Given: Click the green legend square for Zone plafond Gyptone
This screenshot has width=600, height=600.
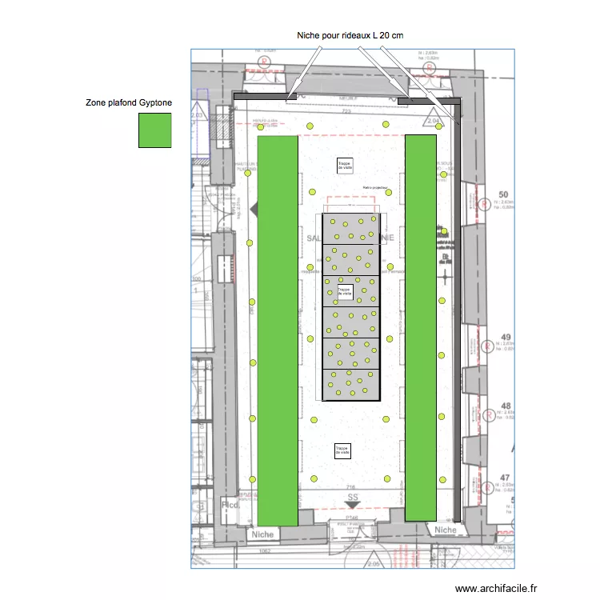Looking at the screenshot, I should coord(154,130).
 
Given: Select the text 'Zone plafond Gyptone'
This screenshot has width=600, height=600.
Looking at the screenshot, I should coord(129,103).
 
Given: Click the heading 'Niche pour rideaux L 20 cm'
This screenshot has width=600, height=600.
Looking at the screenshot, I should coord(350,35).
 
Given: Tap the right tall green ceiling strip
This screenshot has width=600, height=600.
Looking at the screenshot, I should coord(421,328).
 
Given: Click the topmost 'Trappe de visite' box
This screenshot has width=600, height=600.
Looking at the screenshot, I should coord(345,165).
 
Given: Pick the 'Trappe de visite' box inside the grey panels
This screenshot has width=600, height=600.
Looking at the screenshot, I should coord(344,292).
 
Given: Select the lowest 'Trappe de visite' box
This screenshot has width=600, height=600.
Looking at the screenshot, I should coord(342,451).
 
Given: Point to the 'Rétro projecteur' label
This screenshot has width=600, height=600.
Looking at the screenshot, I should coord(375,188).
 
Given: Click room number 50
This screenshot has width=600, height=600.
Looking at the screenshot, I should coord(504,194).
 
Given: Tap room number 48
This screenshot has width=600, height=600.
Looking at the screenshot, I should coord(505,406).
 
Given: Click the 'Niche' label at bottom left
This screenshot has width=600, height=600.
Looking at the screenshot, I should coord(262,534).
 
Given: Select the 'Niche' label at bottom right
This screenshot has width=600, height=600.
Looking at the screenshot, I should coord(445,530).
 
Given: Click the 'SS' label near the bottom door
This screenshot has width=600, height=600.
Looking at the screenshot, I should coord(353,498).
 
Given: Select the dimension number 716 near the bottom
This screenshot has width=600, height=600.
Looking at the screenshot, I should coord(350,487).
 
